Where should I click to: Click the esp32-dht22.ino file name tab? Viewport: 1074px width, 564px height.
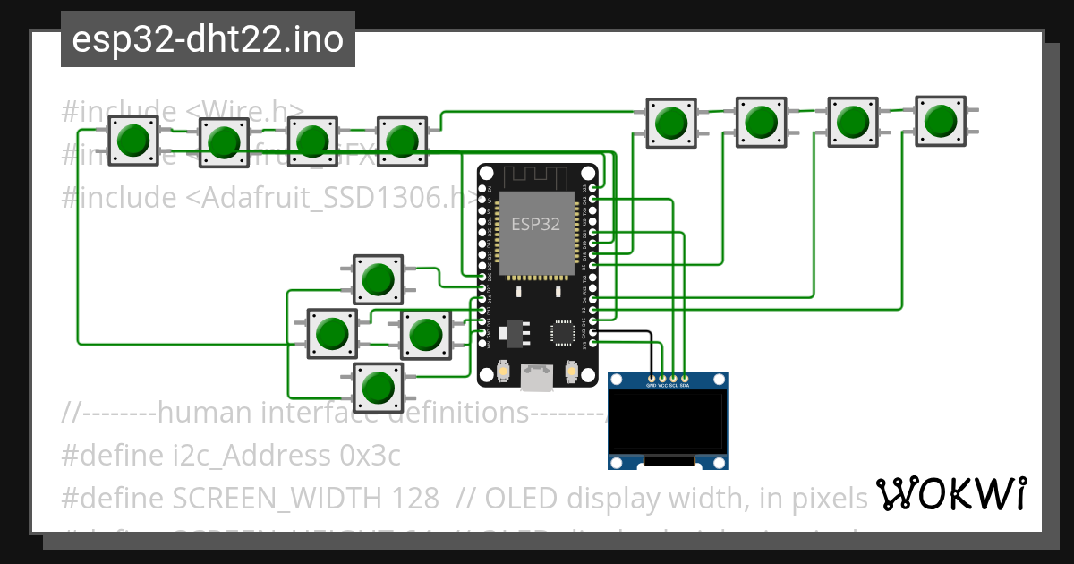pos(208,40)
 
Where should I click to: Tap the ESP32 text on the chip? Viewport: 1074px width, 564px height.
pos(536,224)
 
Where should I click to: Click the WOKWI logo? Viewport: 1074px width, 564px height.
pos(950,494)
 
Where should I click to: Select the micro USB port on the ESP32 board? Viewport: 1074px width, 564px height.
pos(537,379)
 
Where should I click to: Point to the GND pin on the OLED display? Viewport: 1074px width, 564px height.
pos(652,379)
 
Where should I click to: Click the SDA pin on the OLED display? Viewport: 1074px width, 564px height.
pos(685,379)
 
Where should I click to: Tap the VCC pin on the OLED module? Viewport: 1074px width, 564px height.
pos(662,379)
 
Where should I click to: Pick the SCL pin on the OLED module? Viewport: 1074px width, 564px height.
pos(674,379)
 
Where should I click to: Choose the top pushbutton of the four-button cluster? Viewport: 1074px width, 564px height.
pos(378,279)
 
